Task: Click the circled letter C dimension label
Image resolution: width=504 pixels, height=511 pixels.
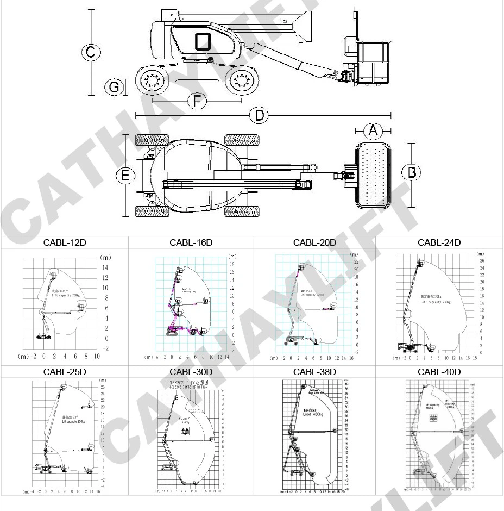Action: [91, 53]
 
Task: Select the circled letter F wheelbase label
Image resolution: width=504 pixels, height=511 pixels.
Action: [197, 101]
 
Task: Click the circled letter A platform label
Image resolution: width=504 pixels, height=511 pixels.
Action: [373, 130]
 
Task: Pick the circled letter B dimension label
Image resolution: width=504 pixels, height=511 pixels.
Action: [411, 172]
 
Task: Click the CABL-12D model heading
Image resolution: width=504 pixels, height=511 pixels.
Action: [65, 242]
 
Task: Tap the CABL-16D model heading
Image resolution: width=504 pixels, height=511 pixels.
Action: [191, 242]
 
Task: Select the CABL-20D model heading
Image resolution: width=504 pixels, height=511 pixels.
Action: [314, 242]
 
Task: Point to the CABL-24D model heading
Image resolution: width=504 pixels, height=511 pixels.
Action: [439, 242]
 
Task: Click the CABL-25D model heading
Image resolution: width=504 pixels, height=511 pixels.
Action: [65, 372]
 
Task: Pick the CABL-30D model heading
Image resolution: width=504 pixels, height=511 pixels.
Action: [191, 372]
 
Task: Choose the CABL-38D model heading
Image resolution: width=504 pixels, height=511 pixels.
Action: [314, 372]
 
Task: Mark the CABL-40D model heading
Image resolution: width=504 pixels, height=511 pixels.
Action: [439, 372]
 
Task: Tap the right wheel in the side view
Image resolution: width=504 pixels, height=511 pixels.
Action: [240, 81]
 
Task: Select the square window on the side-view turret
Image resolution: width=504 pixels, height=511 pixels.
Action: [203, 41]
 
